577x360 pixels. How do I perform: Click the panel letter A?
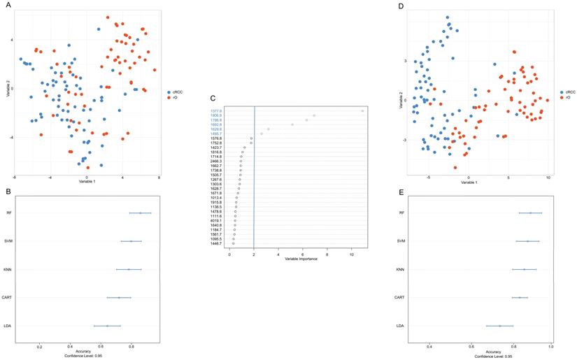8,5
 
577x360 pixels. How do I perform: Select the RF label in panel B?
8,213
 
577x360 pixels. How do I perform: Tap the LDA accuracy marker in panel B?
107,326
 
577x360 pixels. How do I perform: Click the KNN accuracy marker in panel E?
524,269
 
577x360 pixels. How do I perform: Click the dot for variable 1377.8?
362,110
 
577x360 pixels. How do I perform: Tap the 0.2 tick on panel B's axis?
40,345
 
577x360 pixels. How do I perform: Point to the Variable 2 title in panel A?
8,88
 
